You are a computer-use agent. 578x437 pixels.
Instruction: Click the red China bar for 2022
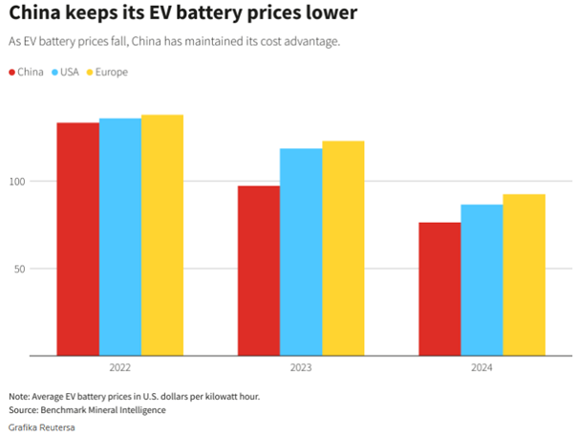(x=77, y=239)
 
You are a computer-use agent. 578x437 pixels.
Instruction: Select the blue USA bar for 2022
(x=120, y=237)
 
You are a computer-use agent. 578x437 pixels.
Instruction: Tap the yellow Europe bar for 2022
(x=162, y=235)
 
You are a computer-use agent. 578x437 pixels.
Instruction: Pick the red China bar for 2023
(x=259, y=271)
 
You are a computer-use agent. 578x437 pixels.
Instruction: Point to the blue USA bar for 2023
(x=301, y=252)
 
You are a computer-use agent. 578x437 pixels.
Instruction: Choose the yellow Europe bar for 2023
(x=343, y=249)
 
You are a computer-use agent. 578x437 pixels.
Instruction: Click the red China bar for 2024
(x=439, y=289)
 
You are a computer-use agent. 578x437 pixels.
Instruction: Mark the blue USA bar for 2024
(x=482, y=280)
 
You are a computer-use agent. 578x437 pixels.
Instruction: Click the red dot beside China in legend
(x=11, y=73)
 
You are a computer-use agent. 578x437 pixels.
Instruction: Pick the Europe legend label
(x=112, y=73)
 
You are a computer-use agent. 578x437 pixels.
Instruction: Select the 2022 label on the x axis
(x=120, y=368)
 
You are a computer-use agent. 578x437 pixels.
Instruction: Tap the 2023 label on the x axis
(x=301, y=368)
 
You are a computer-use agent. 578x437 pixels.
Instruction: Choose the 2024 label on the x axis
(x=482, y=368)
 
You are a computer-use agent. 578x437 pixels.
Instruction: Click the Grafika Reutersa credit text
(x=42, y=426)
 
